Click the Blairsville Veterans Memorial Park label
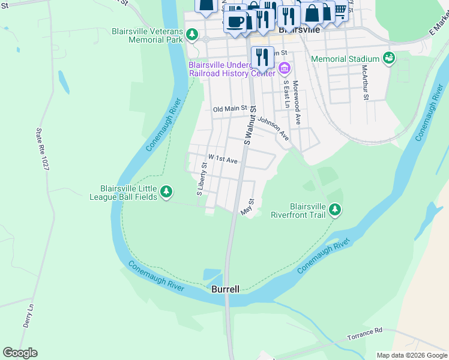(x=146, y=35)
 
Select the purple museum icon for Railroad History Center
(x=285, y=68)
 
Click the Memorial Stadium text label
(x=345, y=59)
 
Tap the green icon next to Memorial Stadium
(x=389, y=58)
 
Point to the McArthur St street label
(x=364, y=83)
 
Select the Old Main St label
(x=230, y=109)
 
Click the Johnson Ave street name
(x=274, y=128)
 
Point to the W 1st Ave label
(x=223, y=161)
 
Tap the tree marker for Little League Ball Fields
(x=166, y=193)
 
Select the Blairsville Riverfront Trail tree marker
(x=335, y=209)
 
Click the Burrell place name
(x=226, y=289)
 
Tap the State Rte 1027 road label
(x=42, y=149)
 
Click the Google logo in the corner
(x=20, y=353)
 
